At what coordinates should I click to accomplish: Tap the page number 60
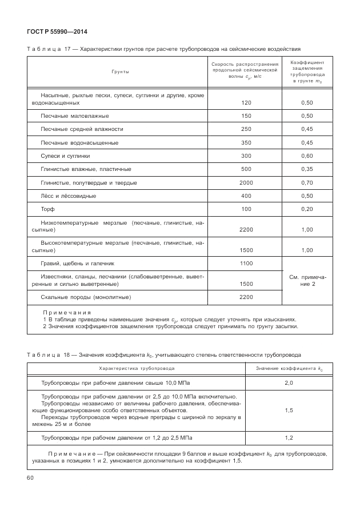click(x=30, y=477)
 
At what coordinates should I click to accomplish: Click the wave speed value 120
click(x=246, y=103)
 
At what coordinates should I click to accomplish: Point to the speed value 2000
click(x=246, y=182)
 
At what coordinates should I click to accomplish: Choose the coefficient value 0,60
click(x=307, y=156)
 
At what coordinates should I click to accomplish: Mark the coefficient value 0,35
click(x=307, y=169)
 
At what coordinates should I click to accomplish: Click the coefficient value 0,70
click(x=307, y=182)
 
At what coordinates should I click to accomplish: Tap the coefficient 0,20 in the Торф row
click(x=307, y=209)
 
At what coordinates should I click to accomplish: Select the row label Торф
click(x=47, y=209)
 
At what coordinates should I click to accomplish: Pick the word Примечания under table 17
click(x=67, y=313)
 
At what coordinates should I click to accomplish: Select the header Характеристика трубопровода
click(x=137, y=369)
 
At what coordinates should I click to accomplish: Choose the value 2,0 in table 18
click(x=289, y=382)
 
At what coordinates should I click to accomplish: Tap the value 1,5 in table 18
click(x=289, y=410)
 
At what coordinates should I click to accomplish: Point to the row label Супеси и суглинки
click(x=65, y=156)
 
